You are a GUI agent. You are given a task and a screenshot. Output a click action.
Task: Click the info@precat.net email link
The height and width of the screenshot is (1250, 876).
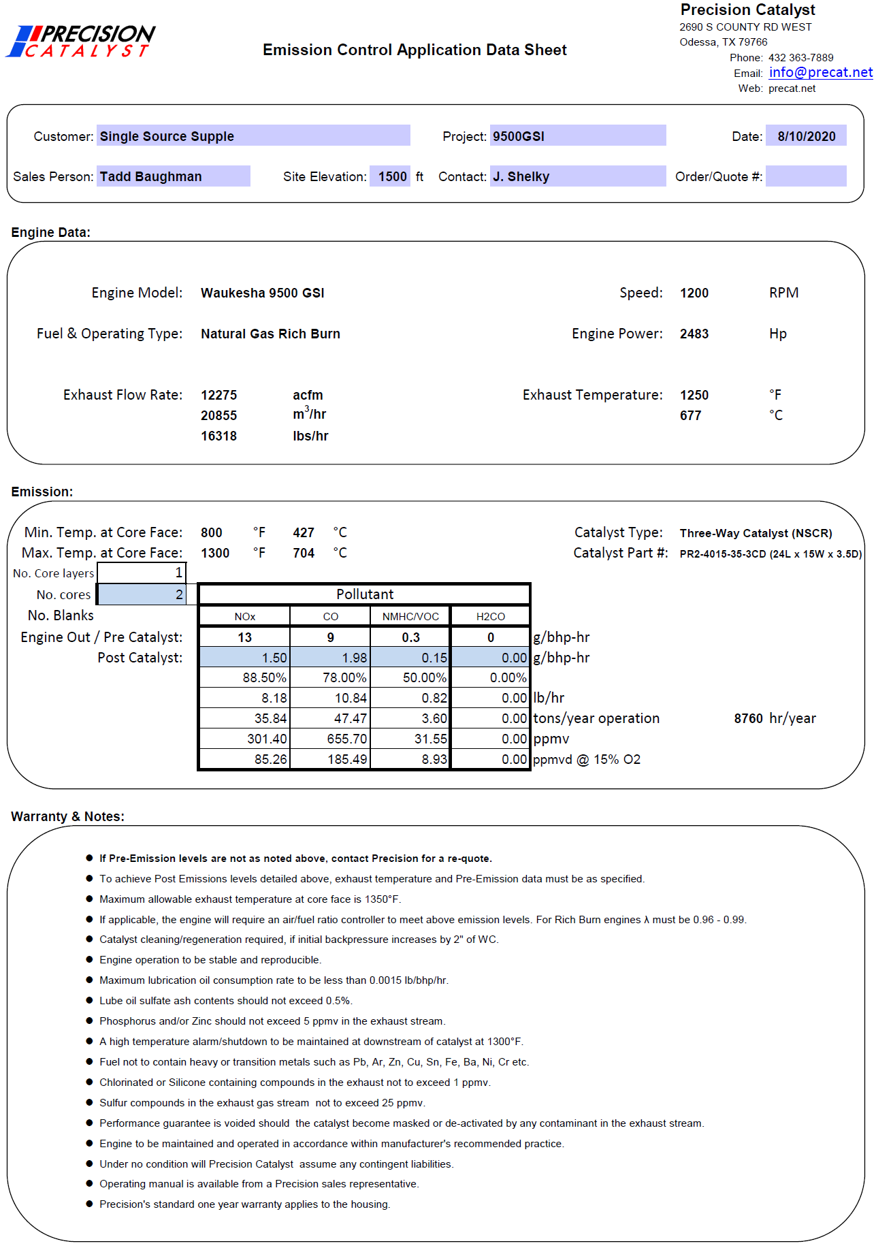pyautogui.click(x=820, y=73)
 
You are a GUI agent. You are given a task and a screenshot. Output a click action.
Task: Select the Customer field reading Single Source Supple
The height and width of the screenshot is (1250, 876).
pyautogui.click(x=253, y=135)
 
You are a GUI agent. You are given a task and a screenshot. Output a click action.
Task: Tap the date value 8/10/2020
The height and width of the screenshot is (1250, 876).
pyautogui.click(x=806, y=136)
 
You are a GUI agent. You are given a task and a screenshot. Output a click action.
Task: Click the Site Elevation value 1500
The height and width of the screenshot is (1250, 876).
pyautogui.click(x=391, y=176)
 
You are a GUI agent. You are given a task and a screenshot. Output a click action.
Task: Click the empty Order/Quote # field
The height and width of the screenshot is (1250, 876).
pyautogui.click(x=805, y=176)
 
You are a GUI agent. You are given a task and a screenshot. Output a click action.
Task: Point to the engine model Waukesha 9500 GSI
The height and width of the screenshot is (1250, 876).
pyautogui.click(x=262, y=293)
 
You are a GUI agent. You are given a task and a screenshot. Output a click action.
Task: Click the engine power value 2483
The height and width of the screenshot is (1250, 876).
pyautogui.click(x=694, y=334)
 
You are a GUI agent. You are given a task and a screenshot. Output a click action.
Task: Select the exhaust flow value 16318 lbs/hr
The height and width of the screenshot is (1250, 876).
pyautogui.click(x=218, y=436)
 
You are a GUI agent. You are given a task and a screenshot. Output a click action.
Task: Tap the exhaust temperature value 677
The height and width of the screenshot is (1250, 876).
pyautogui.click(x=690, y=415)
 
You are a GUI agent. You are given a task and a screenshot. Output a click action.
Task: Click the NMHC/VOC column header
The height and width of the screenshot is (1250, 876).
pyautogui.click(x=410, y=616)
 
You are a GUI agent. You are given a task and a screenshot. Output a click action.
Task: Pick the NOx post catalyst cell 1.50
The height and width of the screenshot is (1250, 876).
pyautogui.click(x=245, y=658)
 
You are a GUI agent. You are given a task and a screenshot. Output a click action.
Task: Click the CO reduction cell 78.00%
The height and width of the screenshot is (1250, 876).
pyautogui.click(x=331, y=677)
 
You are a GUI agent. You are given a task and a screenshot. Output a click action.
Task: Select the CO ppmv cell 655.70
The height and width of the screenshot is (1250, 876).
pyautogui.click(x=331, y=739)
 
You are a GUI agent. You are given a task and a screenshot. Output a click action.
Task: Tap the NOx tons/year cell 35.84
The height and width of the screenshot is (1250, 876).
pyautogui.click(x=245, y=718)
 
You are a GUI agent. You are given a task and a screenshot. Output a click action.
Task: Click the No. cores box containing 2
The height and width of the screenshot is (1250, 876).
pyautogui.click(x=141, y=594)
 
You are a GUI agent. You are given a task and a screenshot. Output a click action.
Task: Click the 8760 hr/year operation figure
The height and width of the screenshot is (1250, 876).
pyautogui.click(x=748, y=718)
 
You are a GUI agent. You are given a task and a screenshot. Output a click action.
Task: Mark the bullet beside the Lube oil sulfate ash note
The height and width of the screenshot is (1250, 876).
pyautogui.click(x=89, y=1000)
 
